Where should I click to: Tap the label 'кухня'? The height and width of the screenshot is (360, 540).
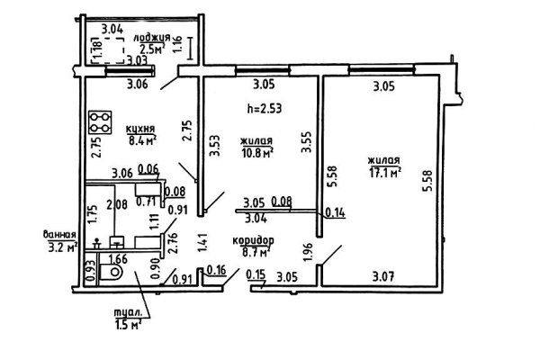(x=141, y=129)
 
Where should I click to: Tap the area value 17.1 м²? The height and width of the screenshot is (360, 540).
(x=384, y=171)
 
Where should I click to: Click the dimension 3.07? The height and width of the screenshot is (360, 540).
(x=382, y=277)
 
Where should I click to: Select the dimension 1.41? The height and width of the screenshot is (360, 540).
(x=202, y=240)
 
